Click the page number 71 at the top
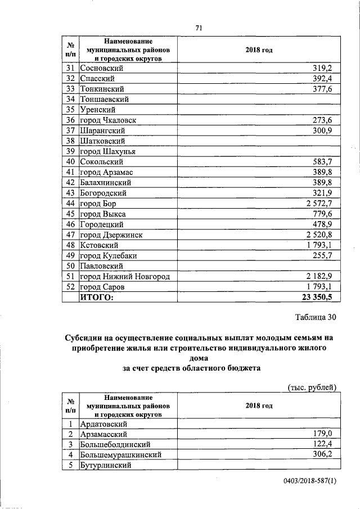(x=199, y=28)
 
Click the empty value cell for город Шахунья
(x=259, y=151)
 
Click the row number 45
(x=71, y=214)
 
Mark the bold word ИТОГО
(x=97, y=297)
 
